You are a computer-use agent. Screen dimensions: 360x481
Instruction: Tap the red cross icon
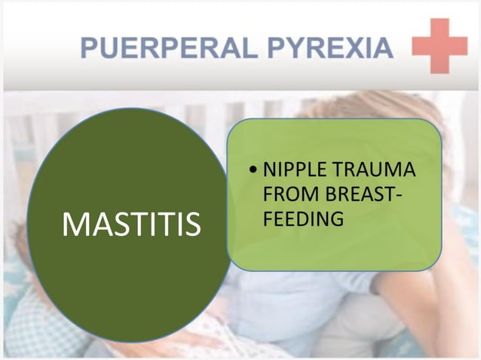pos(440,46)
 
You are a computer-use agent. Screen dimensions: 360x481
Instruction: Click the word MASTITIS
pos(131,224)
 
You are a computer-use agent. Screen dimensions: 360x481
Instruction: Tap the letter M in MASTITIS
pos(76,224)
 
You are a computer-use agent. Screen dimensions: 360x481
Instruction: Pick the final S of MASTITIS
pos(192,224)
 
